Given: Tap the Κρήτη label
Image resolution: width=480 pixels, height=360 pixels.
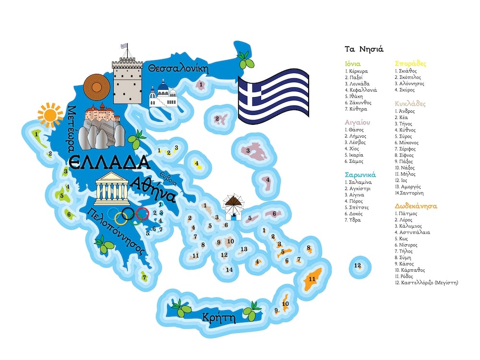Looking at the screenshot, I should (x=218, y=317).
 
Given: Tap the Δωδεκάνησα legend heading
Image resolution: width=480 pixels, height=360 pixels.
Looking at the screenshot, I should (x=416, y=206).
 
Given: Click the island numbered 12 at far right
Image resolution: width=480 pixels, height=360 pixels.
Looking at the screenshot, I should (x=357, y=265).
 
